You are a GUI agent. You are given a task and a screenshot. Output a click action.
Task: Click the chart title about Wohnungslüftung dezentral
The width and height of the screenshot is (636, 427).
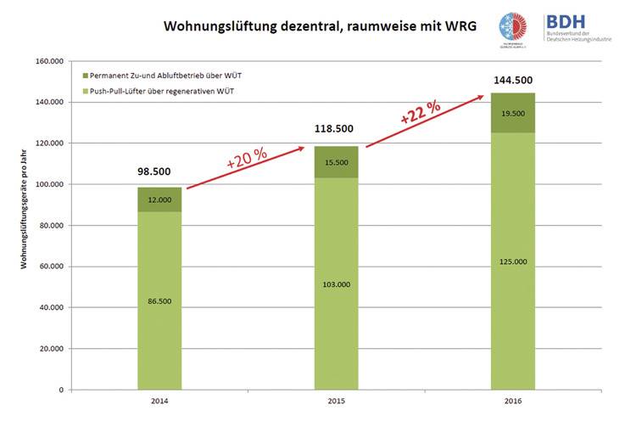tap(320, 26)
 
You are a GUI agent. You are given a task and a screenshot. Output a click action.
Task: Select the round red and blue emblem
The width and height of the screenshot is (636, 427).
tap(512, 25)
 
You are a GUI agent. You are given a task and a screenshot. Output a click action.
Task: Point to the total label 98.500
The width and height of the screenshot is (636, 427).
tap(159, 171)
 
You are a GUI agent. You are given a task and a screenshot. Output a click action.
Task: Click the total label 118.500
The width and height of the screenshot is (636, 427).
tap(336, 129)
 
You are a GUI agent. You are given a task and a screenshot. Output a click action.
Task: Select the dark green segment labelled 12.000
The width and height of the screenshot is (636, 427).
tap(159, 199)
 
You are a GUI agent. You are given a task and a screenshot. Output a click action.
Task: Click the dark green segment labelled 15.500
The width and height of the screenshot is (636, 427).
tap(336, 161)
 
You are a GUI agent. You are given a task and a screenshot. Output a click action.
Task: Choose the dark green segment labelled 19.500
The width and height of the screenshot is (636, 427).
tap(513, 113)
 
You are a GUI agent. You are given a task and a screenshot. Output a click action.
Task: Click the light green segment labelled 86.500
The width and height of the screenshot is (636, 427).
tap(159, 301)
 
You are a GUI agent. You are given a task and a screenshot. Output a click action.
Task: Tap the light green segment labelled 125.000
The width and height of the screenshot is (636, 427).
tap(513, 261)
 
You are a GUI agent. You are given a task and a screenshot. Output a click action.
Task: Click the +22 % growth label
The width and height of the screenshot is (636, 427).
tap(421, 112)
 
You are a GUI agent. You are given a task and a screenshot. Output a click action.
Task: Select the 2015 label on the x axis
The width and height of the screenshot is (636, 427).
tap(336, 401)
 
